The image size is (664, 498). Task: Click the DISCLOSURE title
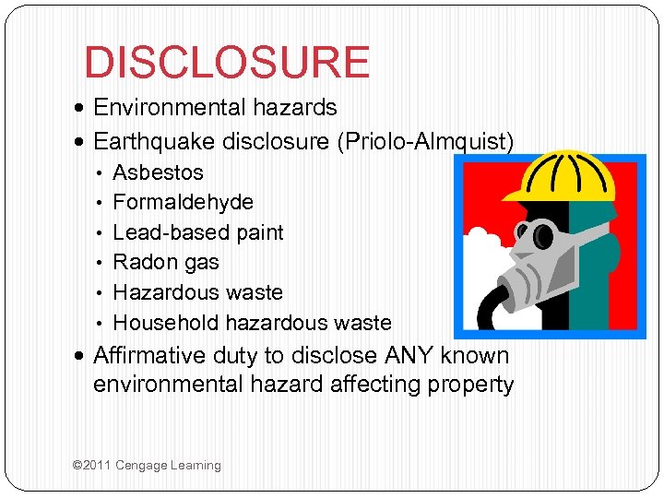(226, 63)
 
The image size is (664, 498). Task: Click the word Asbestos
(158, 172)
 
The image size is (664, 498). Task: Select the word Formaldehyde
(183, 202)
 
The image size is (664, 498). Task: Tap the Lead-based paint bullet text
(197, 232)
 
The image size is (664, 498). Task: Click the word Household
(165, 323)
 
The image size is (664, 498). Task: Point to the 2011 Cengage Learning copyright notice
(147, 466)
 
